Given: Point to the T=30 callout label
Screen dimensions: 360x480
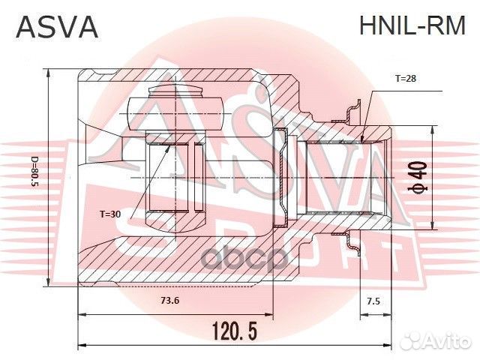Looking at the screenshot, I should tap(110, 214).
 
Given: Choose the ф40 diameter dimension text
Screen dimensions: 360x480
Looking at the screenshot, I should tap(421, 178).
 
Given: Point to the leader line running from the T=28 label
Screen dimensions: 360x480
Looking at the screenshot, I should tap(367, 112).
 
